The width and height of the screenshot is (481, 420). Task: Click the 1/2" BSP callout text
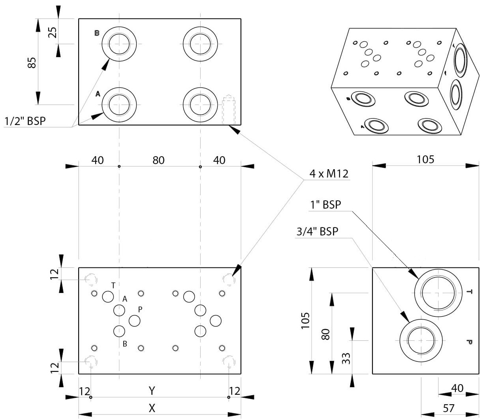click(25, 121)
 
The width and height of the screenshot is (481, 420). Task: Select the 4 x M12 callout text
click(329, 174)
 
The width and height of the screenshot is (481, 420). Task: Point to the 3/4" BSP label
click(318, 231)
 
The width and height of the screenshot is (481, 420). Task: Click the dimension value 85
click(32, 62)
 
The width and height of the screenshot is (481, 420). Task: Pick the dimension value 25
click(53, 32)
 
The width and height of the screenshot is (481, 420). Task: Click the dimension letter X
click(152, 408)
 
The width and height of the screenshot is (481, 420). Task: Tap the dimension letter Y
click(152, 391)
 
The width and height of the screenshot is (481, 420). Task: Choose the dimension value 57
click(448, 408)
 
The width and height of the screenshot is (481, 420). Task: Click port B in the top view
click(119, 44)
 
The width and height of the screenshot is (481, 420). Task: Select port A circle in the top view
click(119, 105)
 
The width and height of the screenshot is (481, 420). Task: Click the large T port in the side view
click(438, 293)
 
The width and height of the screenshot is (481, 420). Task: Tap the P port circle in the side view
click(421, 340)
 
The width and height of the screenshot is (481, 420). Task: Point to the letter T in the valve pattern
click(113, 285)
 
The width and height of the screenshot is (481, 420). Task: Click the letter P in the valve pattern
click(140, 310)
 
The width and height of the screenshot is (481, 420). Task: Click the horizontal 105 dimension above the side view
click(425, 159)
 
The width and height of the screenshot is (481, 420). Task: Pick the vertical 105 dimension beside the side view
click(305, 320)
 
